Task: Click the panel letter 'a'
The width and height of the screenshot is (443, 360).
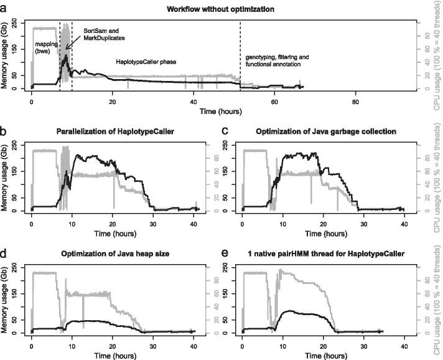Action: pos(4,7)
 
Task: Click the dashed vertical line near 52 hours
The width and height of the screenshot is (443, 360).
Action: pos(240,56)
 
